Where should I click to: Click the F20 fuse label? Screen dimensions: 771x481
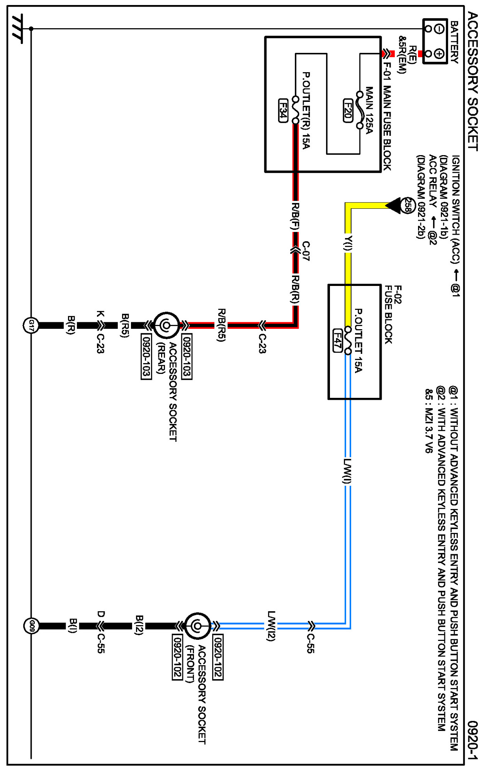point(348,111)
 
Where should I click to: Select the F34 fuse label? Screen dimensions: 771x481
point(283,111)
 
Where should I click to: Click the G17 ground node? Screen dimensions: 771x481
point(31,326)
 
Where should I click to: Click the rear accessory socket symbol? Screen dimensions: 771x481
point(167,325)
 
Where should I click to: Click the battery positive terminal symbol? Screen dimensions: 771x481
point(439,54)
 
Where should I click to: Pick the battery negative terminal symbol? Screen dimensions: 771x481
point(439,29)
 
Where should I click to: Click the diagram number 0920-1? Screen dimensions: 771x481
point(472,740)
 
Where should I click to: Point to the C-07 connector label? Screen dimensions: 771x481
point(306,251)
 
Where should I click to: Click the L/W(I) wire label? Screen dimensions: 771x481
point(347,471)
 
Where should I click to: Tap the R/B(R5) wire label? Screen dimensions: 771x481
point(221,325)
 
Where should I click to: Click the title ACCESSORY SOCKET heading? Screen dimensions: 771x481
point(473,81)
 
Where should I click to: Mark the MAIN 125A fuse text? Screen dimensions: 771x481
point(369,110)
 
